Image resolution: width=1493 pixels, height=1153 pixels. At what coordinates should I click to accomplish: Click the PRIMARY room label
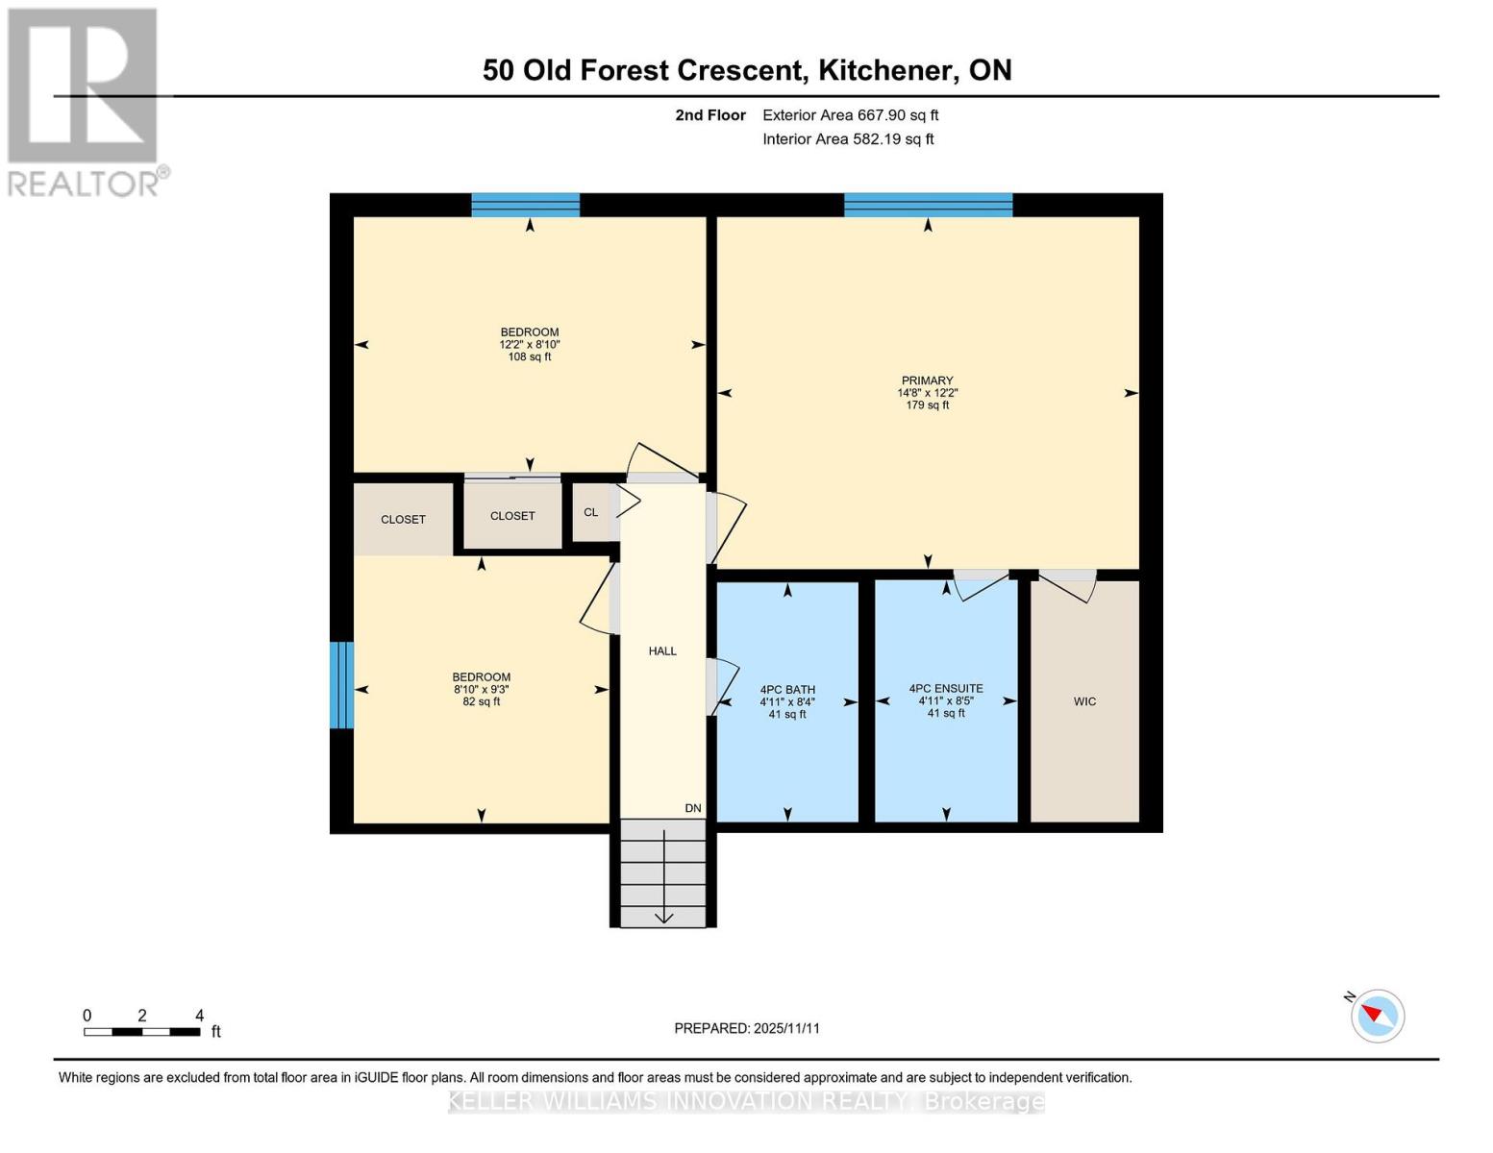(x=927, y=380)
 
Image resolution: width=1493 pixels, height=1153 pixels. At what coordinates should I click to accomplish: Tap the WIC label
(x=1084, y=701)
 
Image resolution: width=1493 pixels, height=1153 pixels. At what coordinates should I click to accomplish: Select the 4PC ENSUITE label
(x=946, y=689)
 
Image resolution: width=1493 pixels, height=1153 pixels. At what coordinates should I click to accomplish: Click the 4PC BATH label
(x=787, y=690)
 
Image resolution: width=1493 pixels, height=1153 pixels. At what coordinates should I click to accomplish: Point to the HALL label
(x=662, y=651)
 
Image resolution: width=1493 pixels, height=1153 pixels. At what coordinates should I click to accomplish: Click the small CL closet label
(x=590, y=512)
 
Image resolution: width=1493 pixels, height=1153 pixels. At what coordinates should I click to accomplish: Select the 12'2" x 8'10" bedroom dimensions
(x=529, y=344)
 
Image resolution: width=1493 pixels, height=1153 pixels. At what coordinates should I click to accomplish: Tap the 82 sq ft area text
(x=481, y=701)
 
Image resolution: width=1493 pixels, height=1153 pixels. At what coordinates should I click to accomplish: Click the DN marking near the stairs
(x=693, y=808)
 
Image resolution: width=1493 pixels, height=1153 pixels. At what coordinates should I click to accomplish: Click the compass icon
(x=1377, y=1015)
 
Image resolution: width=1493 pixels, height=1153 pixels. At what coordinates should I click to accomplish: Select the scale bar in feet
(x=142, y=1031)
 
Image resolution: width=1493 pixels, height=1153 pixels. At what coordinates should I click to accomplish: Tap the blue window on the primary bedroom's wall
(x=928, y=205)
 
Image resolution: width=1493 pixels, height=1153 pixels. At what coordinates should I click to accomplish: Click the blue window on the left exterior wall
(x=341, y=685)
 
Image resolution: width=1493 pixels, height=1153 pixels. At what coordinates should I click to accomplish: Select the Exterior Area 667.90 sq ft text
(x=850, y=115)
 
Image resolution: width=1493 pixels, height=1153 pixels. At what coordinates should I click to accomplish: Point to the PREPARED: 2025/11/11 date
(x=747, y=1028)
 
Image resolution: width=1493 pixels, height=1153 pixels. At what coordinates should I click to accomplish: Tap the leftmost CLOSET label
(x=403, y=519)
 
